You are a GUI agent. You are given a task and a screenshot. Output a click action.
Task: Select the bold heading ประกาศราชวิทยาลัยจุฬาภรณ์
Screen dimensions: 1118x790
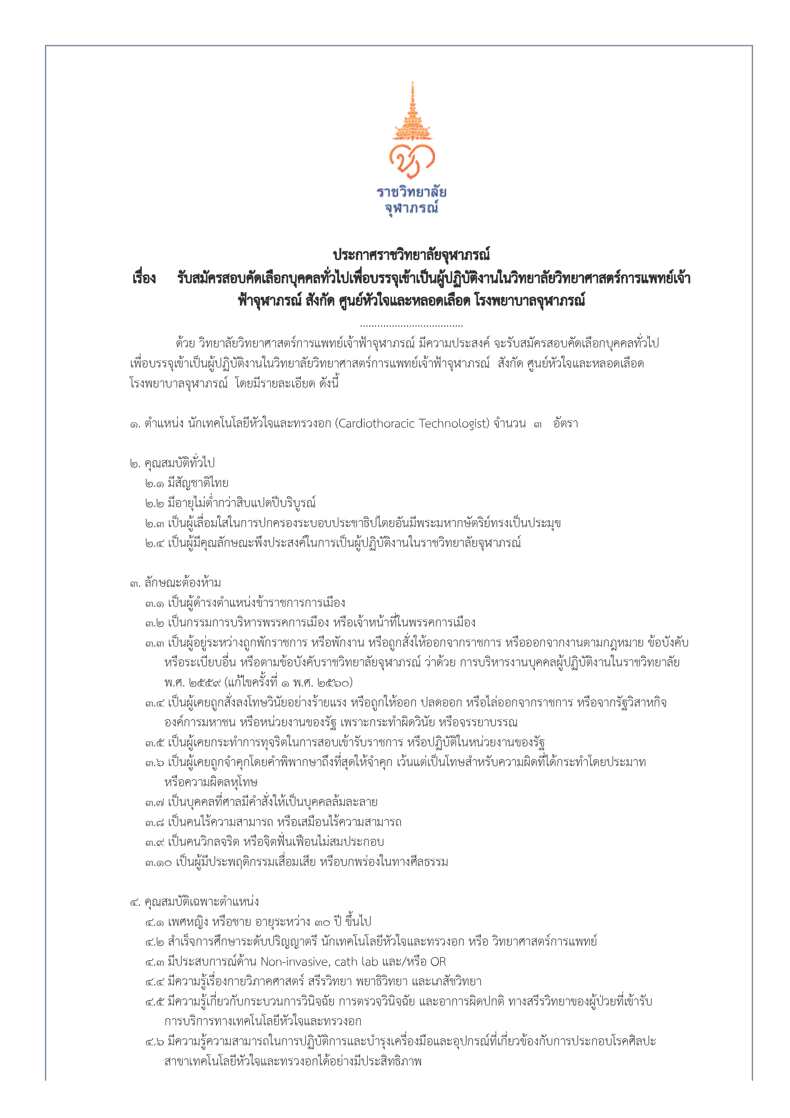coord(411,255)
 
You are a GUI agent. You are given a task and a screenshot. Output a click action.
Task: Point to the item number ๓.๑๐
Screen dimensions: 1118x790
coord(158,862)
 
